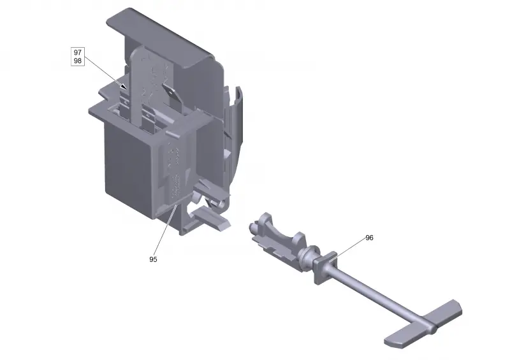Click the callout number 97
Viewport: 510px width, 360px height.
77,52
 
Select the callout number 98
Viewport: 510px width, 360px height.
77,61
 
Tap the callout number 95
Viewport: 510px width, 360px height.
153,259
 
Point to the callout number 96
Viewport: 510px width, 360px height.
369,238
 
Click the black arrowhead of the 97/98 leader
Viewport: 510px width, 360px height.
124,87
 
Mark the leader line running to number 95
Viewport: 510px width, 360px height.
165,229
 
